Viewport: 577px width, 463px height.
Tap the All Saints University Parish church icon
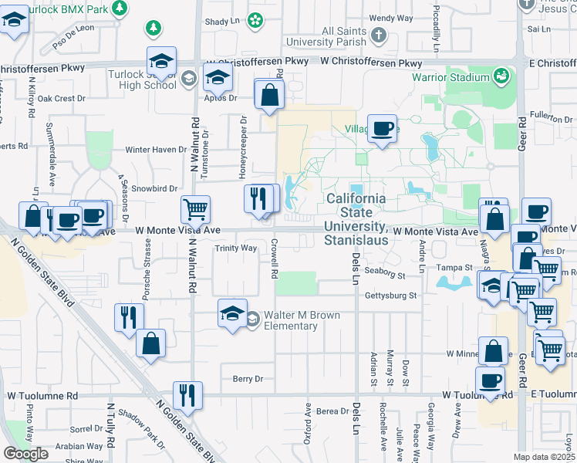(x=378, y=35)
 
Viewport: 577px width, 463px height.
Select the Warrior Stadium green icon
(x=502, y=76)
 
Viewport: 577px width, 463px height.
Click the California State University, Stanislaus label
(x=356, y=219)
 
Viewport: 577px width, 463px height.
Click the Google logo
(x=25, y=454)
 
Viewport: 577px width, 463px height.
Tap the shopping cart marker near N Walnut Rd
(x=195, y=208)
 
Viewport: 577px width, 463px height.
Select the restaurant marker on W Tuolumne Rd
(x=187, y=394)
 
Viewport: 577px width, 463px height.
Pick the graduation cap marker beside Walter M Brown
(x=232, y=313)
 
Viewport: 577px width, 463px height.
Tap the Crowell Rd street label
(x=274, y=259)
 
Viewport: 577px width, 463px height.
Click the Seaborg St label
(x=385, y=272)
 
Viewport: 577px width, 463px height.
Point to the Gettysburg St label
(x=390, y=296)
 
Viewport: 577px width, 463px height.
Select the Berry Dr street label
(x=248, y=379)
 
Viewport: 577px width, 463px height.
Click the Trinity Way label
(x=235, y=248)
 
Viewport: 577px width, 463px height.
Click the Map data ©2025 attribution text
(x=545, y=457)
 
